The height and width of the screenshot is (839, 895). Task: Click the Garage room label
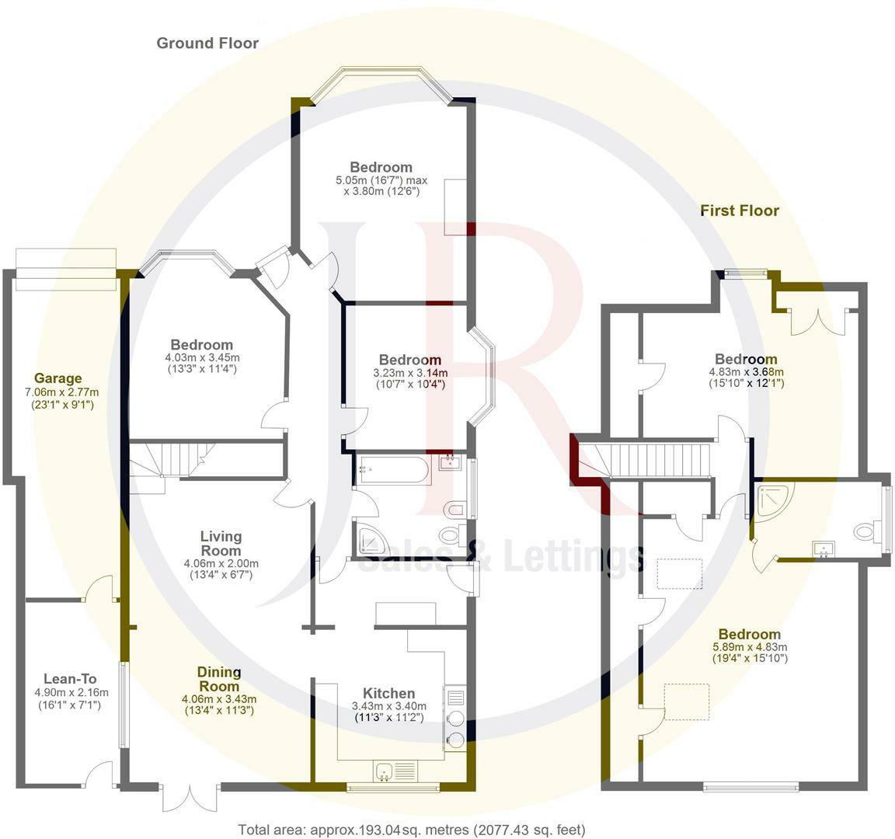click(58, 378)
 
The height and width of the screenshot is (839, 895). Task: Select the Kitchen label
click(389, 693)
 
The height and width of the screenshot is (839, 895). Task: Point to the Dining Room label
click(218, 679)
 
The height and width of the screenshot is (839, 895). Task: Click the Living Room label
click(221, 543)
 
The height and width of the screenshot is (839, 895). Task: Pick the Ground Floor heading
click(207, 43)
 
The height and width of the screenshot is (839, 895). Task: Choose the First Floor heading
click(739, 211)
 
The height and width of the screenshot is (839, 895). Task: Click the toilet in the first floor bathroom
click(865, 533)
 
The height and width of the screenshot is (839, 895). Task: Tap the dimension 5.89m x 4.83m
click(750, 646)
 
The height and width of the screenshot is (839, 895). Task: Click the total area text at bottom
click(412, 830)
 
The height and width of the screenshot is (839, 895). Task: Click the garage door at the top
click(66, 269)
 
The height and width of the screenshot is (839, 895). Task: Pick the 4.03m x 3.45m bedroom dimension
click(202, 357)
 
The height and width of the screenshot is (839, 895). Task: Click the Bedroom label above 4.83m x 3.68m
click(746, 359)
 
